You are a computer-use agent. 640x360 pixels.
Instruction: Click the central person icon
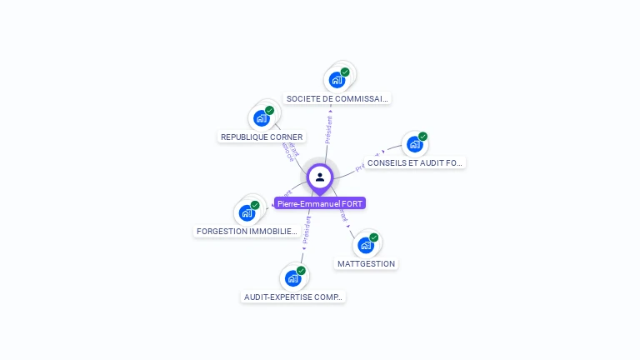point(320,177)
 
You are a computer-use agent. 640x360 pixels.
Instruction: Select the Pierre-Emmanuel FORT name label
point(320,203)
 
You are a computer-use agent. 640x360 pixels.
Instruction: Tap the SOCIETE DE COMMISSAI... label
point(337,98)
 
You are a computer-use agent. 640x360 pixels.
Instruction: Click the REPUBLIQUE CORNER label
point(262,137)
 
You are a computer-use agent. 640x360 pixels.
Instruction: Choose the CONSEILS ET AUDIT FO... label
point(414,163)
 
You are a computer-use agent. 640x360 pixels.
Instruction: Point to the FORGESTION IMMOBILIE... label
point(246,231)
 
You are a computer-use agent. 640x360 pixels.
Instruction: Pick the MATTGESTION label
point(366,263)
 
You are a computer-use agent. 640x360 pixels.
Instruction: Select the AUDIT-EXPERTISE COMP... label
point(293,297)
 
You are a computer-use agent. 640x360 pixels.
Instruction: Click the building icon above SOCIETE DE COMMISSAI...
point(337,80)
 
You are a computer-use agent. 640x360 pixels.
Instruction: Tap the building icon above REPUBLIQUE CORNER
point(262,118)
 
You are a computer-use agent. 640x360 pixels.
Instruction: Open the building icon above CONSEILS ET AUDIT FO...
point(414,144)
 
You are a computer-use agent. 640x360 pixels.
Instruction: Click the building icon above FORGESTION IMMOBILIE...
point(247,212)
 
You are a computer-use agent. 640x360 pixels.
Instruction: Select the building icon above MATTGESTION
point(365,245)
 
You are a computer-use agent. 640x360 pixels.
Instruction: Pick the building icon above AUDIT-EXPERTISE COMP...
point(292,277)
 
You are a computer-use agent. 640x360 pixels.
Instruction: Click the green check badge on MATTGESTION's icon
point(373,237)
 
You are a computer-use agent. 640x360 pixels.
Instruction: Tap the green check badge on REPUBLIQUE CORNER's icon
point(269,111)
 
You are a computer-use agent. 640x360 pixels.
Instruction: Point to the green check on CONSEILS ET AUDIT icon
point(422,137)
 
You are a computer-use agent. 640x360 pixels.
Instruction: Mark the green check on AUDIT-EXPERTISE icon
point(301,270)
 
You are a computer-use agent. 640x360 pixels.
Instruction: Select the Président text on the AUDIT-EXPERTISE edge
point(307,229)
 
